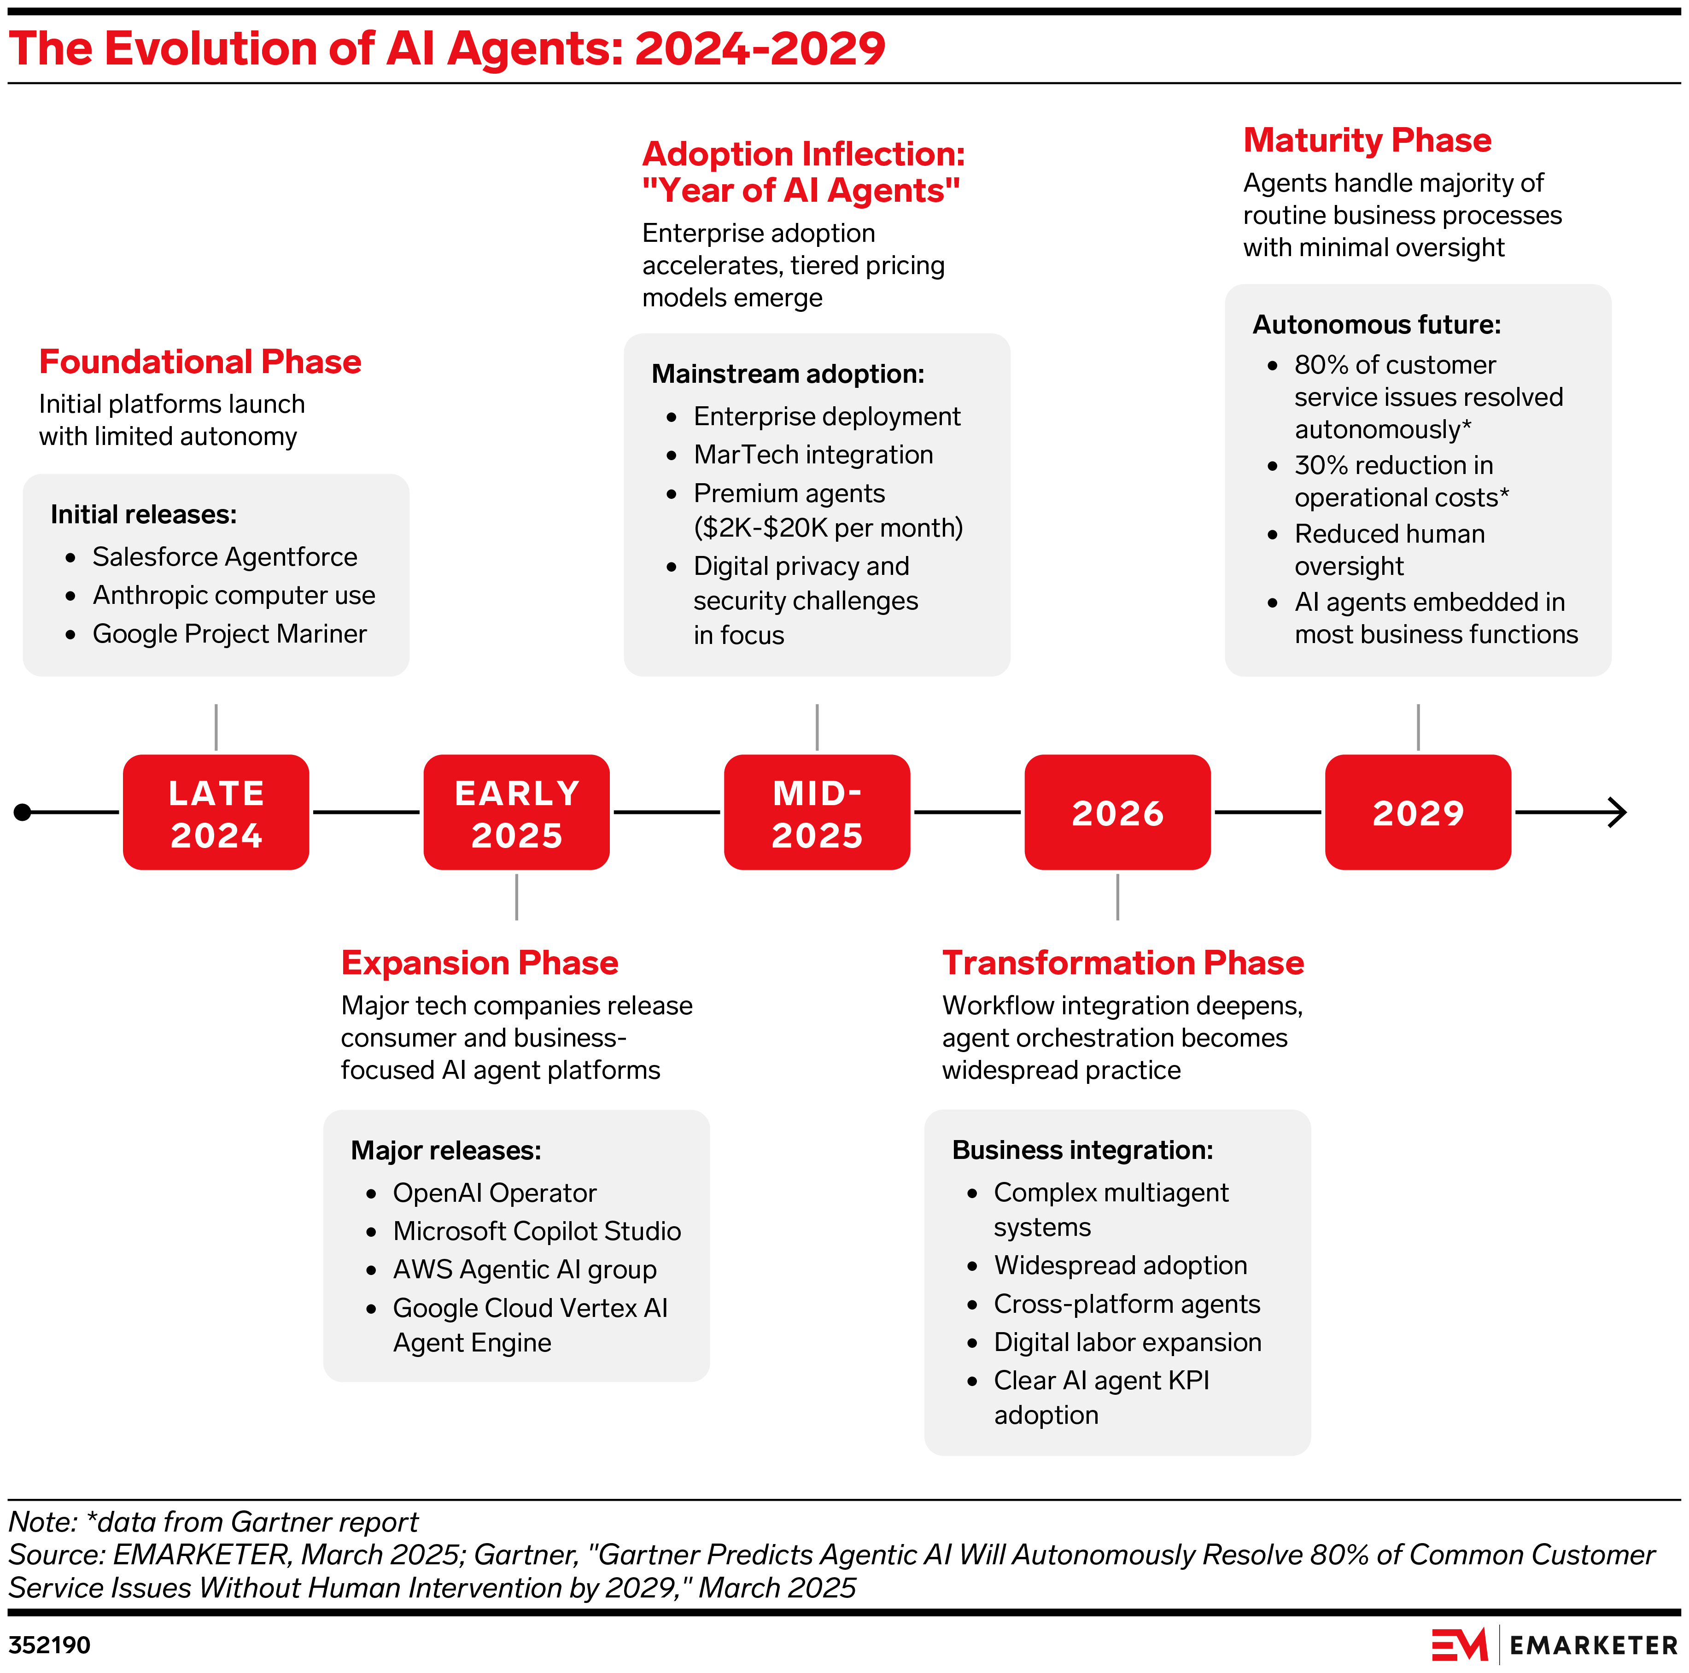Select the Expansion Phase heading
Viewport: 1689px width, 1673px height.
click(x=479, y=962)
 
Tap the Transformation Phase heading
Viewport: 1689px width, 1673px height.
click(x=1122, y=962)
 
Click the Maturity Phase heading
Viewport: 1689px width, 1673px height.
click(x=1368, y=140)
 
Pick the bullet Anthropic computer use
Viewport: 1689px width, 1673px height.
click(x=234, y=595)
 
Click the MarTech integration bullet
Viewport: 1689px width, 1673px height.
click(x=813, y=455)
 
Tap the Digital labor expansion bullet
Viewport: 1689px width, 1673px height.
click(x=1127, y=1342)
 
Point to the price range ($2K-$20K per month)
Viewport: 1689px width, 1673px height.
click(x=828, y=528)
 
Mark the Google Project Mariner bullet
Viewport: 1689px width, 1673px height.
click(x=229, y=634)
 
